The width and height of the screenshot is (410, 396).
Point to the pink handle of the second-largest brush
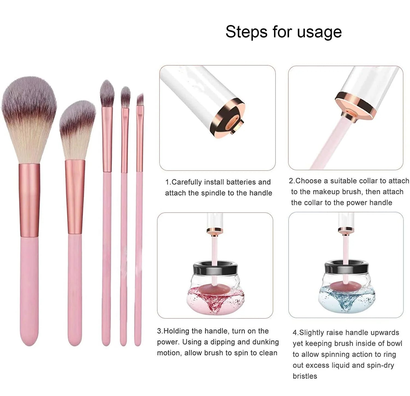[75, 290]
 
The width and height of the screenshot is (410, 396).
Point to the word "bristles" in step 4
[305, 376]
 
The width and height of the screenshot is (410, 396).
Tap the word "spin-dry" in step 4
[380, 365]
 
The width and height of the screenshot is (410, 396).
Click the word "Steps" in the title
[246, 32]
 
